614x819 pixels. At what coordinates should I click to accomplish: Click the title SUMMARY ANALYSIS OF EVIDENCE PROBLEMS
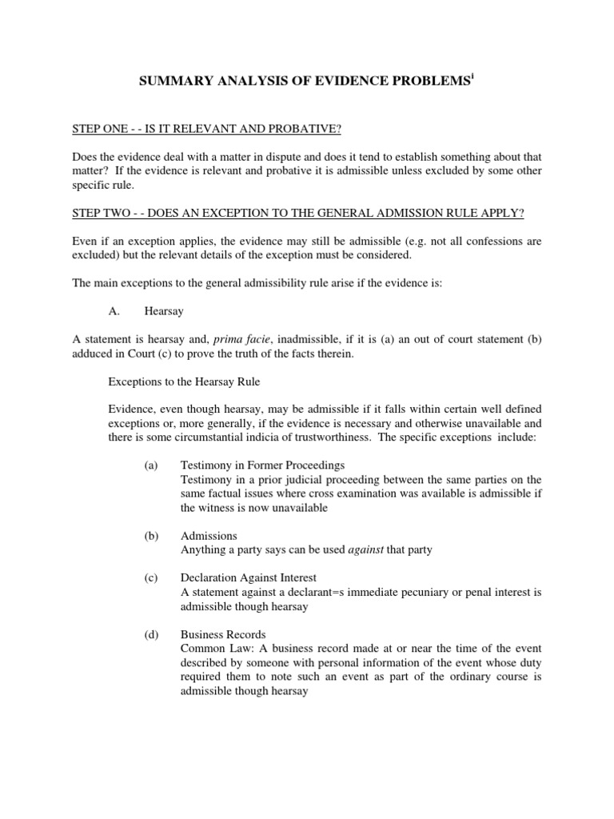click(x=304, y=81)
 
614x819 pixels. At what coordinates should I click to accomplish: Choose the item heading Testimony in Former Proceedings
click(x=262, y=465)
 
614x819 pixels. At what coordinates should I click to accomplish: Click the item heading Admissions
click(x=209, y=536)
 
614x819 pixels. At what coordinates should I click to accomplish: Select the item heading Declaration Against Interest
click(x=249, y=578)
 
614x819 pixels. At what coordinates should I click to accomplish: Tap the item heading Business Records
click(x=223, y=634)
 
